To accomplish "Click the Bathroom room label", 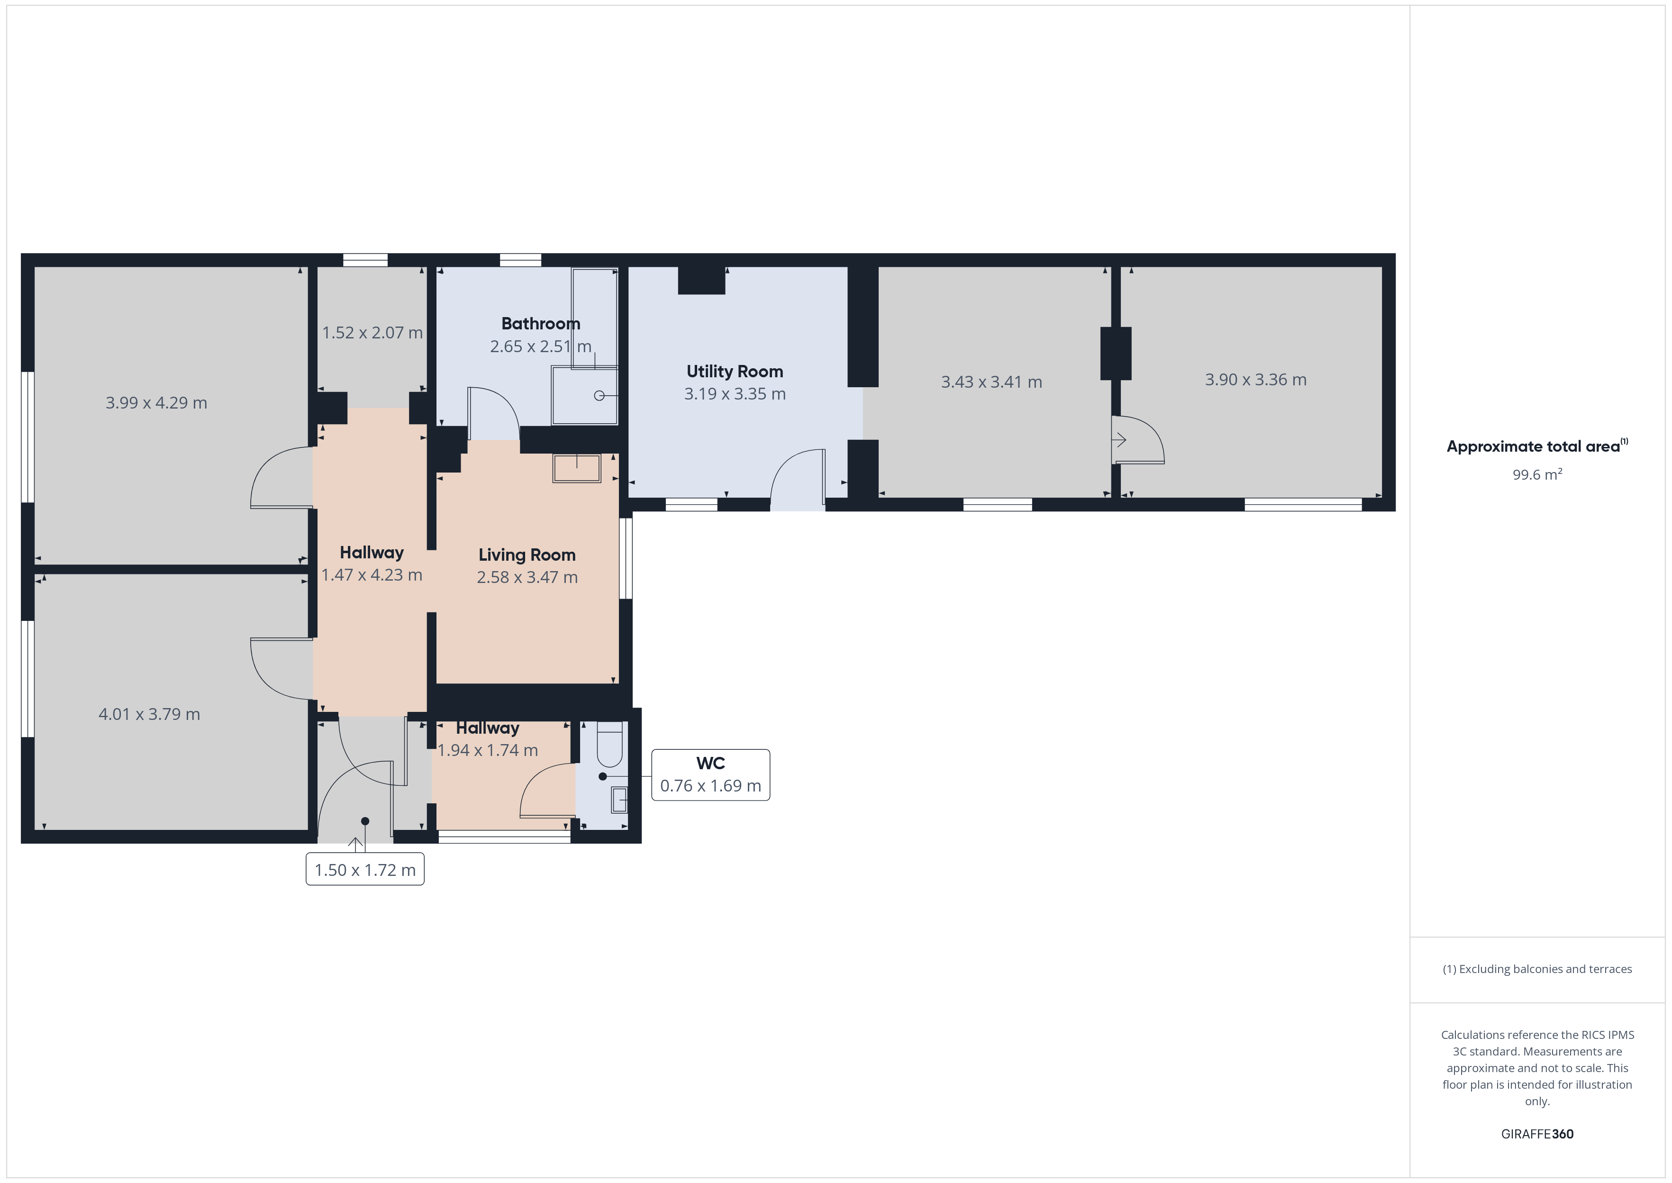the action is tap(540, 323).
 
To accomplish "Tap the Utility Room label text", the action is tap(735, 372).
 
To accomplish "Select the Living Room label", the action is tap(527, 555).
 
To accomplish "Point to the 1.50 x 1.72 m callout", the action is tap(365, 870).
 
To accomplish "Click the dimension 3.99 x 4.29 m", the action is tap(156, 403).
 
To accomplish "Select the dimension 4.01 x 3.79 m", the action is tap(149, 714).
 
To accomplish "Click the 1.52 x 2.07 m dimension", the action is tap(372, 333).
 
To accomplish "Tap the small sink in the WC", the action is tap(619, 800).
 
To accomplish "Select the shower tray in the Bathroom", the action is tap(585, 396).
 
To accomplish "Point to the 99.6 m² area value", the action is tap(1537, 474).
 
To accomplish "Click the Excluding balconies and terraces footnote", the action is tap(1537, 969).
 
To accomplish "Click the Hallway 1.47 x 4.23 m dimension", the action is tap(372, 575).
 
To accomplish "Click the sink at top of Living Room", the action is tap(577, 468).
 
